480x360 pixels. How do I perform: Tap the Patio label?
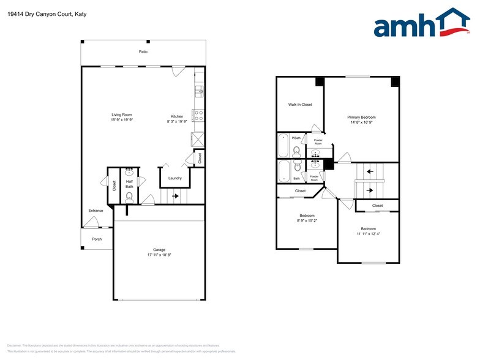tap(143, 51)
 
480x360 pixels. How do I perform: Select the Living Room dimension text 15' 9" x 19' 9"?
tap(121, 120)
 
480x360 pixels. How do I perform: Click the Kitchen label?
tap(177, 116)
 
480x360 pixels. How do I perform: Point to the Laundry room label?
tap(175, 178)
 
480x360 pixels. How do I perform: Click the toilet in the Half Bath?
tap(129, 197)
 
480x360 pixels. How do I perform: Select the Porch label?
tap(97, 239)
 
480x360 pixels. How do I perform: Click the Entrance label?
tap(96, 211)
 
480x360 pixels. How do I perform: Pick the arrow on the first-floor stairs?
tap(175, 197)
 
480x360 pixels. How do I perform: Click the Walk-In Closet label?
tap(300, 105)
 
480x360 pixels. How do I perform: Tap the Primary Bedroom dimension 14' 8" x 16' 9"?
tap(361, 122)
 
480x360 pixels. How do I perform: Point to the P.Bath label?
tap(296, 138)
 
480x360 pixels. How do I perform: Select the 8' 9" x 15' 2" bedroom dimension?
tap(307, 220)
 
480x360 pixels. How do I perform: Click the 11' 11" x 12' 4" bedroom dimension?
tap(368, 234)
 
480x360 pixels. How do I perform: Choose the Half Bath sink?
tap(129, 173)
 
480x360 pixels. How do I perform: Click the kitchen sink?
tap(199, 92)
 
